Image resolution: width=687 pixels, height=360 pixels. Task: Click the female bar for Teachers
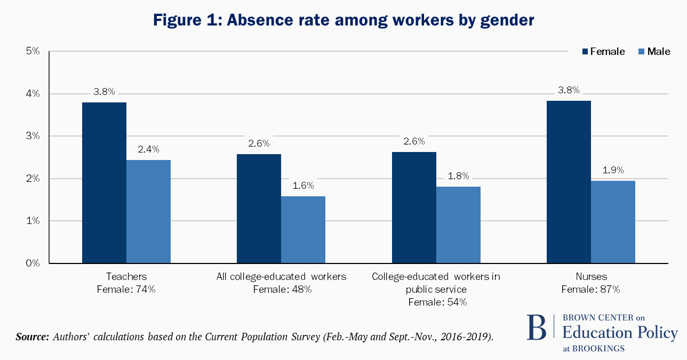pyautogui.click(x=104, y=182)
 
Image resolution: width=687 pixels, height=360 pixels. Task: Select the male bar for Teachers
pyautogui.click(x=148, y=211)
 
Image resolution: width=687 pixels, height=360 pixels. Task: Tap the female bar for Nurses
pyautogui.click(x=569, y=182)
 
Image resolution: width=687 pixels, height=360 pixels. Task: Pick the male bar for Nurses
pyautogui.click(x=613, y=222)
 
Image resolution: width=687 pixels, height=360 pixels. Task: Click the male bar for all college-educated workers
pyautogui.click(x=303, y=229)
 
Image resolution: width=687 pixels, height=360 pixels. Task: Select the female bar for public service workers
pyautogui.click(x=414, y=207)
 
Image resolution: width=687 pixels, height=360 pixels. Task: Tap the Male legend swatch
pyautogui.click(x=641, y=52)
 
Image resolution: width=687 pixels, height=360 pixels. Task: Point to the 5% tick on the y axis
pyautogui.click(x=33, y=52)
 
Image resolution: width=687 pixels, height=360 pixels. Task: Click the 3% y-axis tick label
pyautogui.click(x=33, y=136)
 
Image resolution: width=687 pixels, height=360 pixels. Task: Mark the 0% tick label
pyautogui.click(x=33, y=263)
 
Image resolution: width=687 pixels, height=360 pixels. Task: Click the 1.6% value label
pyautogui.click(x=303, y=186)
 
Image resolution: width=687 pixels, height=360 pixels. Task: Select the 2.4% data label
pyautogui.click(x=148, y=149)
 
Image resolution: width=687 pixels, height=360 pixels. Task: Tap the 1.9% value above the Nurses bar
pyautogui.click(x=613, y=170)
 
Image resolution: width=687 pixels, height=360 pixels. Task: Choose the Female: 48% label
pyautogui.click(x=282, y=290)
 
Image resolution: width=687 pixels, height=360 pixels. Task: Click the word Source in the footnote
pyautogui.click(x=33, y=337)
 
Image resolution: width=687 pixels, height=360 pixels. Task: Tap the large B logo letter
pyautogui.click(x=537, y=328)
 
